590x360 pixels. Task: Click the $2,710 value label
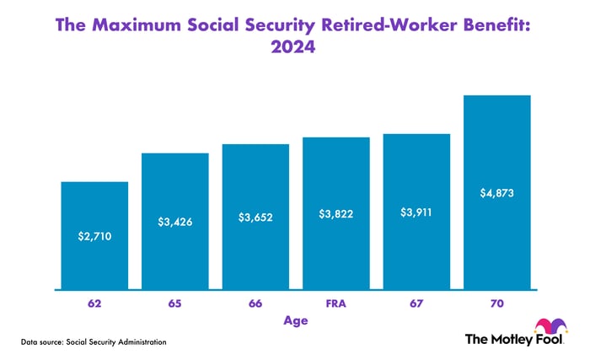pyautogui.click(x=94, y=236)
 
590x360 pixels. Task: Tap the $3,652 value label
pyautogui.click(x=256, y=218)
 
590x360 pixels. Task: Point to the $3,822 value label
pyautogui.click(x=336, y=214)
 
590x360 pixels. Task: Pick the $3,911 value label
pyautogui.click(x=417, y=212)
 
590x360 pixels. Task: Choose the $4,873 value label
pyautogui.click(x=497, y=193)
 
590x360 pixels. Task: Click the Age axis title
pyautogui.click(x=296, y=320)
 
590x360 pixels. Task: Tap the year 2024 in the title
pyautogui.click(x=294, y=48)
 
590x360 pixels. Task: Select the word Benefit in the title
pyautogui.click(x=496, y=25)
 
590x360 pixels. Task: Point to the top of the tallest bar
pyautogui.click(x=497, y=96)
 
